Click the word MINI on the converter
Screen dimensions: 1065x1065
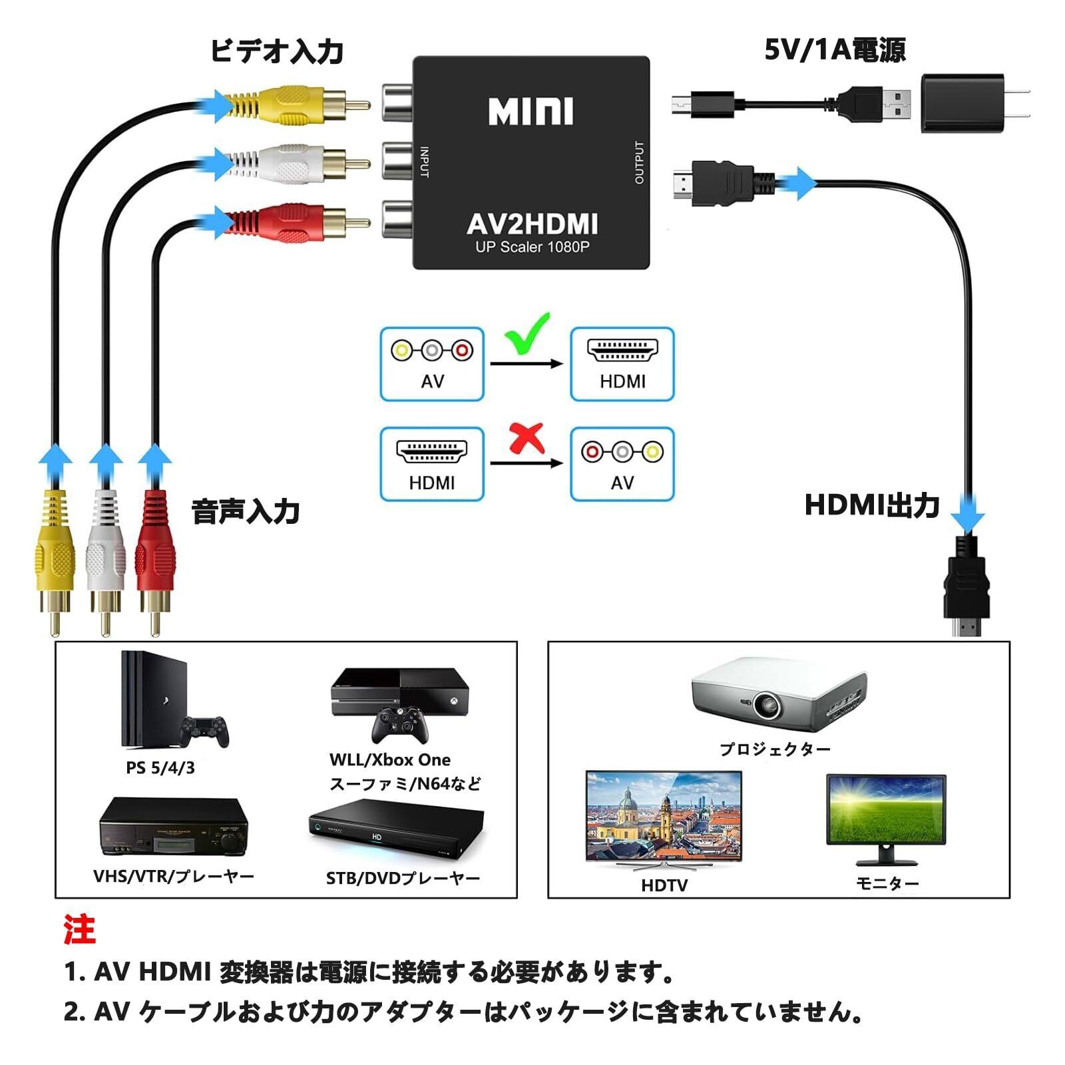pos(531,112)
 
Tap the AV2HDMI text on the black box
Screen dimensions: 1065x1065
pos(532,224)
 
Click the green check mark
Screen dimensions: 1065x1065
pos(528,333)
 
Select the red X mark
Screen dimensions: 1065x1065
pos(527,439)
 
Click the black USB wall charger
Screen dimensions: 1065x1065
pos(962,103)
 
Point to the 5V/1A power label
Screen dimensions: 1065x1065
pos(835,50)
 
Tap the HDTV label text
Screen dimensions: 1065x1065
pos(664,885)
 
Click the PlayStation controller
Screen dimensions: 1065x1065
pos(205,730)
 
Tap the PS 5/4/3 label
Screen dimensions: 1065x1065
pos(160,768)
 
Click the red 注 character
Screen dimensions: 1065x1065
pos(80,929)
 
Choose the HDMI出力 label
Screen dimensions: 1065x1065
pos(872,505)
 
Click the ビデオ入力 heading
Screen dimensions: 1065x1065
pos(277,51)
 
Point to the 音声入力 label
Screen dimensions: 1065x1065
pos(246,512)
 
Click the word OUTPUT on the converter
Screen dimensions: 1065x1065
pos(639,162)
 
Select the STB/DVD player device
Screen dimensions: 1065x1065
pos(397,832)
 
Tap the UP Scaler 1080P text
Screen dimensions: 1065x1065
pos(532,247)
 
